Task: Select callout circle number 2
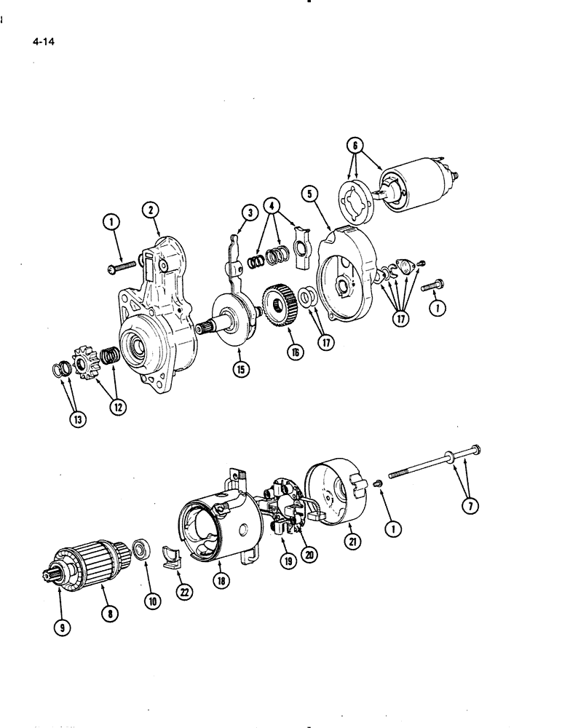tap(151, 210)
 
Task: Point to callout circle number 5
tap(309, 194)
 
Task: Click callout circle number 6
tap(356, 146)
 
